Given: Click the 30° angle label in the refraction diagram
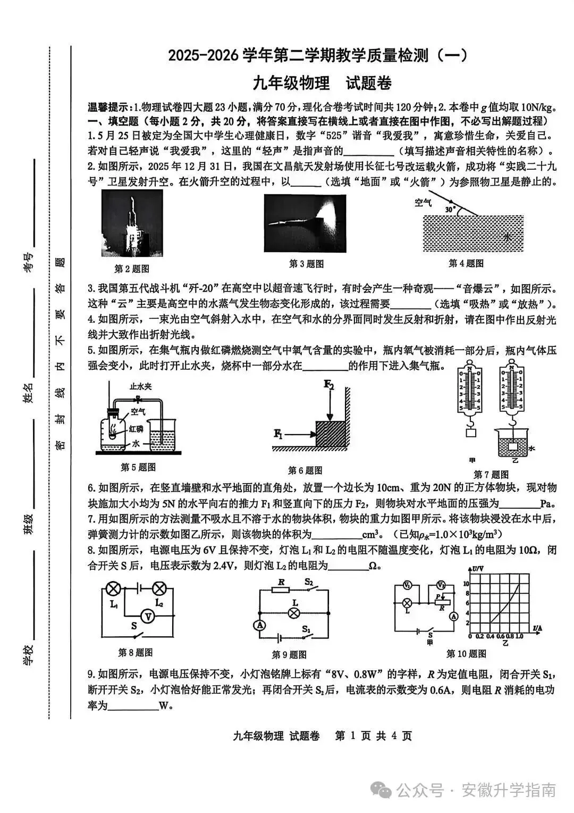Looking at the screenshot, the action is tap(450, 210).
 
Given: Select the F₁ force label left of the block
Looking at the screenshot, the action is tap(278, 434).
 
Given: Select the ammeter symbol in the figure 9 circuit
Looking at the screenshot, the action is tap(260, 626).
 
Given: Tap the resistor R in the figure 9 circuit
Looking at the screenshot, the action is tap(280, 590).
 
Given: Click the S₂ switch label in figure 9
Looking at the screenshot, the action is tap(309, 582).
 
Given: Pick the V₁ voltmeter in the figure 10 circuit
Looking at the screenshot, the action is tap(407, 585).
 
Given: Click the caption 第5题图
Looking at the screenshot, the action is tap(138, 468).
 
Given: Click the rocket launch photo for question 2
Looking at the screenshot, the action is tap(132, 223).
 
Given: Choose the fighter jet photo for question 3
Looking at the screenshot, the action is tap(305, 223).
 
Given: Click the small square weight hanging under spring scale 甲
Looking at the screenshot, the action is tap(471, 433).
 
